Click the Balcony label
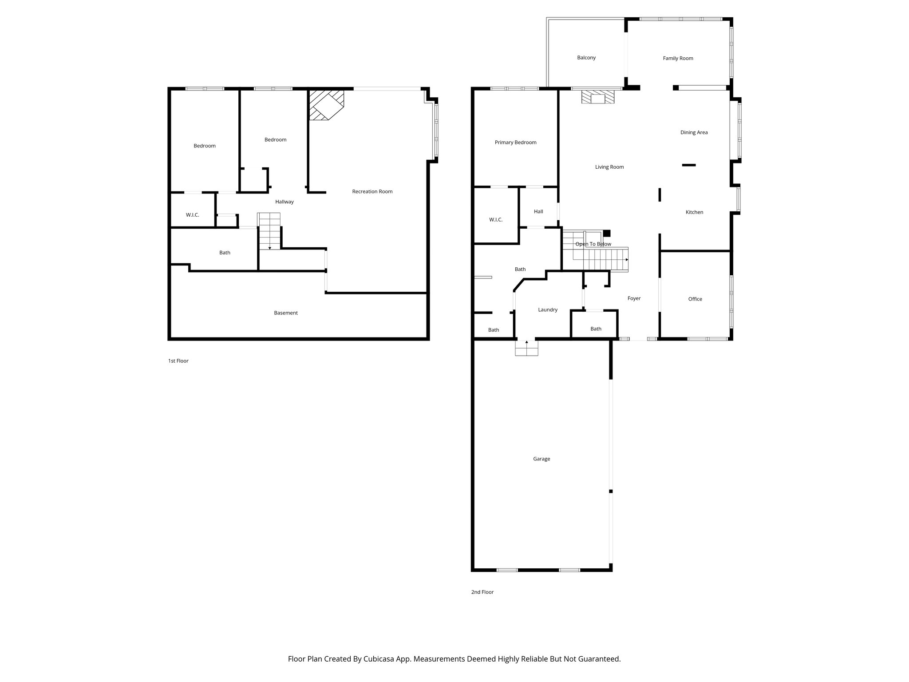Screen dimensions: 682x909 click(x=586, y=58)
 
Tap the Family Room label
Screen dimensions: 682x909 click(x=678, y=58)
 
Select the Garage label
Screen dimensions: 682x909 click(x=541, y=459)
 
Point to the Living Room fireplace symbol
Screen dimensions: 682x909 click(x=598, y=97)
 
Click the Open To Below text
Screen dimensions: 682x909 click(x=593, y=244)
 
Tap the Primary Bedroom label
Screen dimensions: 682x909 click(x=515, y=143)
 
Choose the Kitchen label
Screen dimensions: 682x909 click(x=694, y=212)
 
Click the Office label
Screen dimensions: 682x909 click(x=695, y=299)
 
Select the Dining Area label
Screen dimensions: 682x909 click(x=694, y=132)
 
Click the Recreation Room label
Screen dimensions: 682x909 click(x=372, y=191)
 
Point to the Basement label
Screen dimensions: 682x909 click(x=285, y=313)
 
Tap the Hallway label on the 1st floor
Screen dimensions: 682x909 click(x=284, y=202)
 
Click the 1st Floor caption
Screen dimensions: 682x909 click(x=178, y=361)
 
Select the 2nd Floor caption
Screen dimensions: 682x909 click(x=482, y=592)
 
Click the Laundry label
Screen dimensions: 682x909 click(x=547, y=310)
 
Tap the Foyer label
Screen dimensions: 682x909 click(x=634, y=298)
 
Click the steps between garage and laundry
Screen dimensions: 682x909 click(x=526, y=348)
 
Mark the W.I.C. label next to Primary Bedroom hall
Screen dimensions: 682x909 click(x=495, y=220)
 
